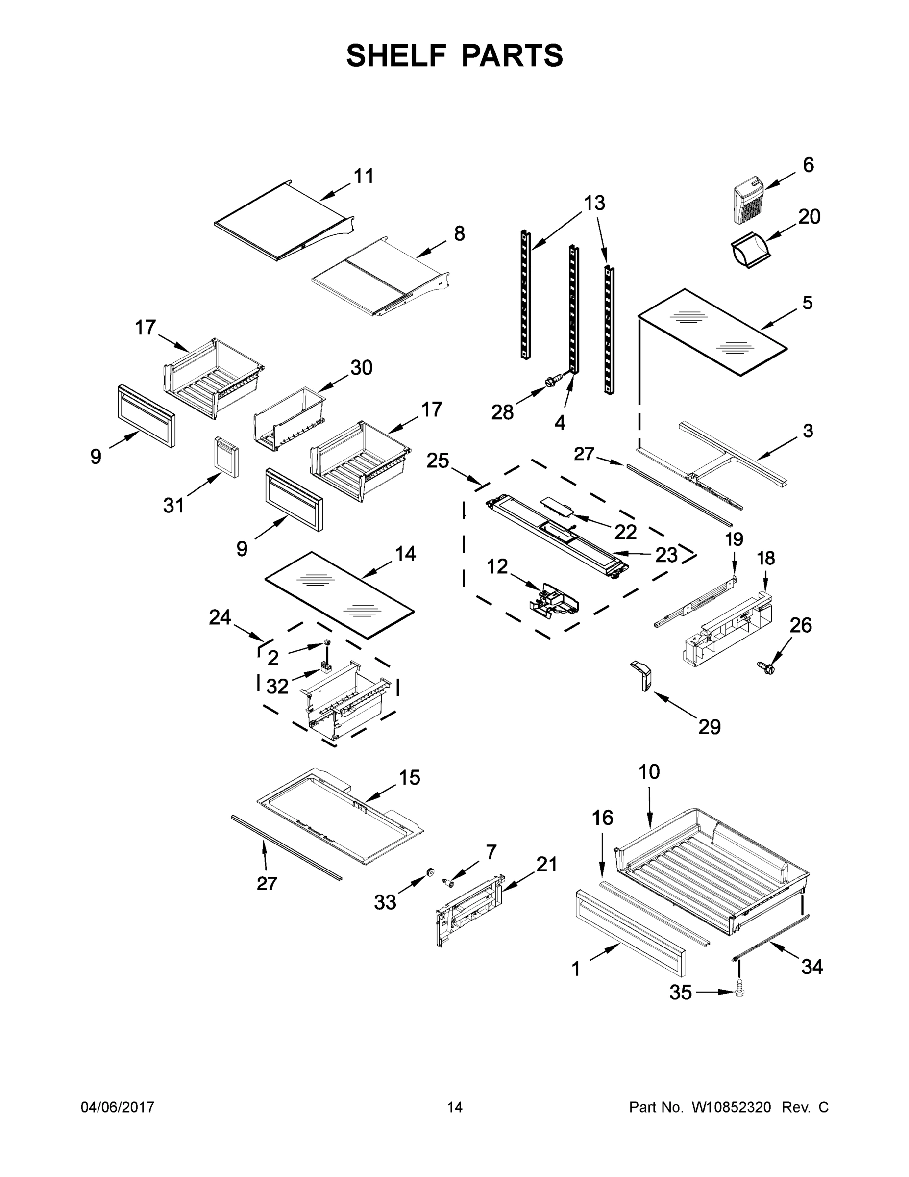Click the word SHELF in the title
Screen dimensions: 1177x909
coord(396,55)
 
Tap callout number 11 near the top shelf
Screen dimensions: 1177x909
coord(364,176)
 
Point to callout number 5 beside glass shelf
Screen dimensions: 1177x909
coord(807,303)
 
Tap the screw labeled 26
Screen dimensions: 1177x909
coord(768,669)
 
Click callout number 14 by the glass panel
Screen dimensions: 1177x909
coord(405,554)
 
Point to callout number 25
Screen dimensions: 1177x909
coord(437,461)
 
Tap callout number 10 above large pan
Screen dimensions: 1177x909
coord(649,772)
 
